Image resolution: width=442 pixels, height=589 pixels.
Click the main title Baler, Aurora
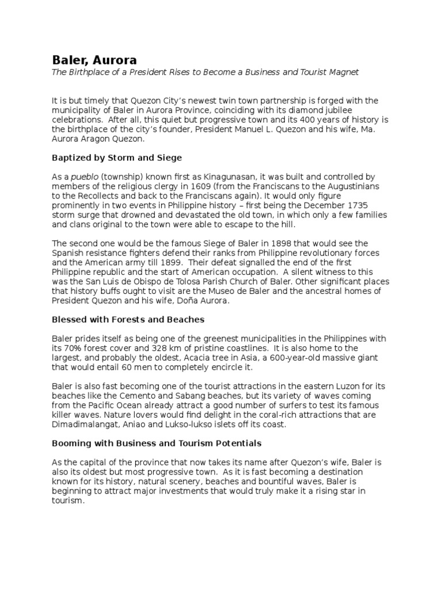95,60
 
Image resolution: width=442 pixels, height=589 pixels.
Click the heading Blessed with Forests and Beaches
128,319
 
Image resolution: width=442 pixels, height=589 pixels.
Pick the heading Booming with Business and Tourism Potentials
157,443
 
